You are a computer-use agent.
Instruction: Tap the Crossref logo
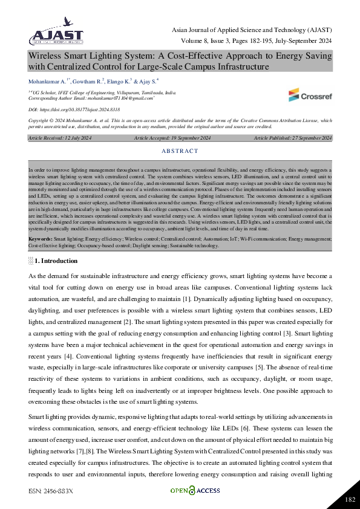click(x=310, y=95)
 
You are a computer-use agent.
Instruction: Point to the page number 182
click(x=349, y=499)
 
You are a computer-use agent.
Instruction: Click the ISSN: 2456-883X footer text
click(x=50, y=491)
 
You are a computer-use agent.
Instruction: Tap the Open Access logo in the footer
click(x=195, y=490)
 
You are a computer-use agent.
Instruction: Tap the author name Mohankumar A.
click(x=47, y=80)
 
